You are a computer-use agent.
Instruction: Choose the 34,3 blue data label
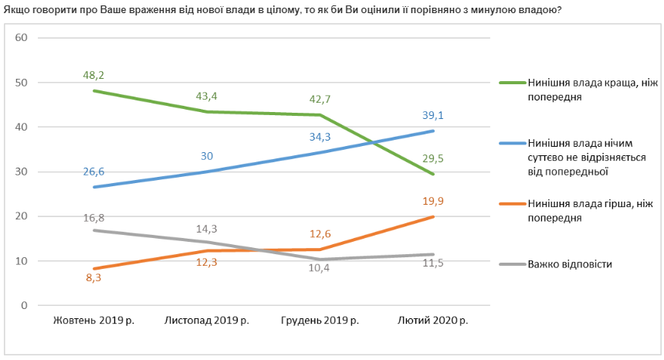pyautogui.click(x=320, y=137)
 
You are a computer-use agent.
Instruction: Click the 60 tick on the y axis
pyautogui.click(x=22, y=38)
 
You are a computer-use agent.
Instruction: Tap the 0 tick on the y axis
pyautogui.click(x=25, y=306)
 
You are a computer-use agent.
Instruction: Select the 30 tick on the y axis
pyautogui.click(x=22, y=172)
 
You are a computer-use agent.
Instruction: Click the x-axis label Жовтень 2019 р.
pyautogui.click(x=93, y=320)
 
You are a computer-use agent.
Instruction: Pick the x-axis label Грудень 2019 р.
pyautogui.click(x=320, y=320)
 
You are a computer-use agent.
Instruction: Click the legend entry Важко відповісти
pyautogui.click(x=570, y=264)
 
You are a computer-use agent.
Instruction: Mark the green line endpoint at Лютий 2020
pyautogui.click(x=432, y=174)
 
